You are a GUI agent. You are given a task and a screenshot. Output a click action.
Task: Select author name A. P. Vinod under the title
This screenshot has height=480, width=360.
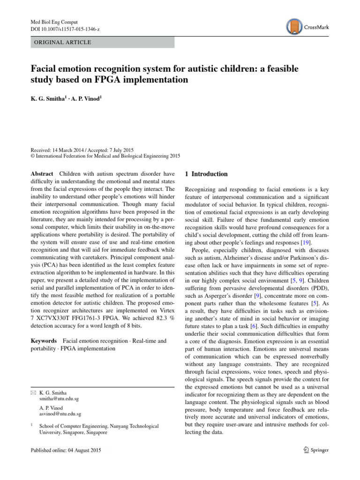[86, 100]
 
